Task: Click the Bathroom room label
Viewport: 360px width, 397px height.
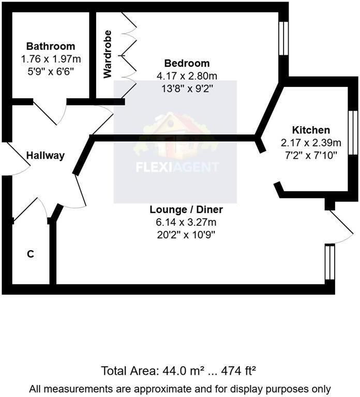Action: pyautogui.click(x=51, y=47)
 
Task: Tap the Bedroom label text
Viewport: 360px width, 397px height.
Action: pyautogui.click(x=187, y=64)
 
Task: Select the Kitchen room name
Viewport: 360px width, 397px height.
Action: pyautogui.click(x=311, y=130)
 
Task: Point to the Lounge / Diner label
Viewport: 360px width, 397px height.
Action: pyautogui.click(x=186, y=210)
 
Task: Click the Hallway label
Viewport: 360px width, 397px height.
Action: pyautogui.click(x=46, y=155)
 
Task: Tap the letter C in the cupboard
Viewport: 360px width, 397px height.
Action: pyautogui.click(x=31, y=254)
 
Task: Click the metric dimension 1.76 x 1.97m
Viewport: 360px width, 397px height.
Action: pyautogui.click(x=51, y=59)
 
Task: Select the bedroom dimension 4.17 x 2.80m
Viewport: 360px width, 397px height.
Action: pyautogui.click(x=187, y=76)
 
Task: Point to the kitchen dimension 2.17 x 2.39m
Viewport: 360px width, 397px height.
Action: pyautogui.click(x=311, y=143)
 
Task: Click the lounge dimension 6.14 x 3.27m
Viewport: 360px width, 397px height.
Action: pyautogui.click(x=186, y=223)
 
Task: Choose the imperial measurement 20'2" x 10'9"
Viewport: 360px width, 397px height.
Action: pyautogui.click(x=186, y=235)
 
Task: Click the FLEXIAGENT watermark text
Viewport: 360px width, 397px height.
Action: pyautogui.click(x=177, y=167)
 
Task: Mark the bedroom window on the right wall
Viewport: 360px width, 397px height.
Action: pyautogui.click(x=283, y=38)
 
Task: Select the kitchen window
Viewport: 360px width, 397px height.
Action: pyautogui.click(x=353, y=132)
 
